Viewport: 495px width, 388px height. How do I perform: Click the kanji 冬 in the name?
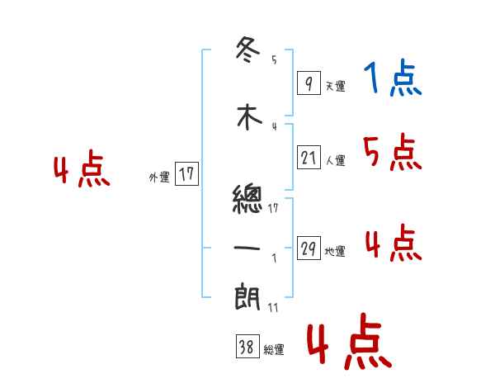(x=248, y=50)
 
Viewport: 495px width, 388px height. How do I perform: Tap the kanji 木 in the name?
(x=248, y=117)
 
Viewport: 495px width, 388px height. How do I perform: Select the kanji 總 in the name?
(x=248, y=199)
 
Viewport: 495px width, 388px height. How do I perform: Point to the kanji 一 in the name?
(x=248, y=248)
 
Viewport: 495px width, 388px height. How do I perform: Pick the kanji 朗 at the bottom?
(x=248, y=296)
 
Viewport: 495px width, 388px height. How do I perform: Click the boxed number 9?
(x=309, y=83)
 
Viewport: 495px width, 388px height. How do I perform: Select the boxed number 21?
(x=309, y=157)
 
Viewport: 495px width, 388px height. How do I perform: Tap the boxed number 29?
(x=309, y=248)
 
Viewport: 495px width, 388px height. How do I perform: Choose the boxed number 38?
(x=247, y=348)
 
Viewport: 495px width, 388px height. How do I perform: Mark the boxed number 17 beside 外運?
(x=186, y=173)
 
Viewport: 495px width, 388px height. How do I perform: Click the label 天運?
(x=335, y=86)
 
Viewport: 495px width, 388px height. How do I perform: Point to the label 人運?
(x=335, y=160)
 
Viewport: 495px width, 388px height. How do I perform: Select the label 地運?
(x=335, y=252)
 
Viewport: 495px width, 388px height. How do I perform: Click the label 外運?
(x=159, y=177)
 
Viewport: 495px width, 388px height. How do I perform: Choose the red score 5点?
(x=392, y=152)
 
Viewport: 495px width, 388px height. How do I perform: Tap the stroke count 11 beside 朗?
(x=274, y=308)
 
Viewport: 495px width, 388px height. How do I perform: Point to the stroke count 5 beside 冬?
(x=274, y=59)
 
